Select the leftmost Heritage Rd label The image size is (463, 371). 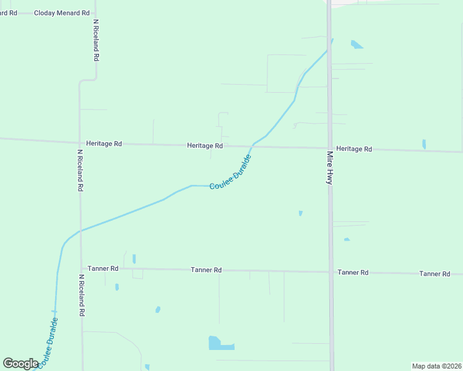pyautogui.click(x=104, y=143)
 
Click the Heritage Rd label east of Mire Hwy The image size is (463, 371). pyautogui.click(x=354, y=149)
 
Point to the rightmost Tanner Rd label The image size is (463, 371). pyautogui.click(x=434, y=273)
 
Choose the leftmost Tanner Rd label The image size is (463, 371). pyautogui.click(x=103, y=268)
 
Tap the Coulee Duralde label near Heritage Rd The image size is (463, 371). pyautogui.click(x=230, y=174)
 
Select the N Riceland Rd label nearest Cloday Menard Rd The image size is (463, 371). pyautogui.click(x=96, y=40)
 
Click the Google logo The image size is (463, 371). pyautogui.click(x=21, y=363)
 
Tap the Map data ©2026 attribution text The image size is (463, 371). pyautogui.click(x=436, y=366)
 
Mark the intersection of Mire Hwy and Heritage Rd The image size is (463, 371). pyautogui.click(x=330, y=148)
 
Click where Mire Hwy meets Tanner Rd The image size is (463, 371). pyautogui.click(x=331, y=271)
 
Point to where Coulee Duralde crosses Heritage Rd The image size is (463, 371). pyautogui.click(x=252, y=146)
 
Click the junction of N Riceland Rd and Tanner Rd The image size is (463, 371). pyautogui.click(x=81, y=268)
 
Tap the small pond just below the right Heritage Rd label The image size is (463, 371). pyautogui.click(x=424, y=144)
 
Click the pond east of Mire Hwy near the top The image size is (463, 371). pyautogui.click(x=357, y=45)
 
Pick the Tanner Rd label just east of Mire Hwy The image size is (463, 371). pyautogui.click(x=353, y=273)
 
